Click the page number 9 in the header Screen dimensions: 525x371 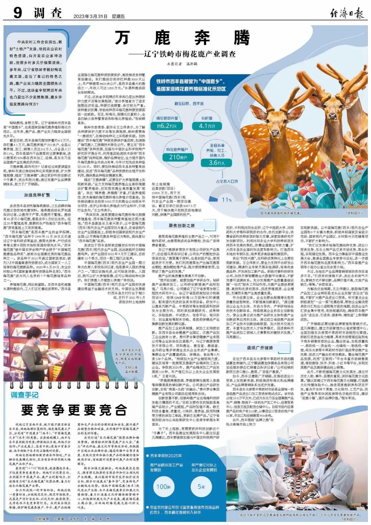[18, 13]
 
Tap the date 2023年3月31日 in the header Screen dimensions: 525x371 [90, 16]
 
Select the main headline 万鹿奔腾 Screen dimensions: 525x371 [182, 38]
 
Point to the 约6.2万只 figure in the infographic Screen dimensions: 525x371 [167, 126]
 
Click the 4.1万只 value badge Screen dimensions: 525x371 [207, 126]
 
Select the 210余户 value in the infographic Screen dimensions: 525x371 [178, 157]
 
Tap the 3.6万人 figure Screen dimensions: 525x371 [217, 163]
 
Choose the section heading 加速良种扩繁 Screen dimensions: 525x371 [37, 195]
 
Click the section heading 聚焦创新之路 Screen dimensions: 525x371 [181, 225]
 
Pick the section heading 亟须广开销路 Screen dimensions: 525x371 [260, 348]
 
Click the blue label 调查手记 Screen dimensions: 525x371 [24, 395]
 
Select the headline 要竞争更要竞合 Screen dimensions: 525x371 [74, 410]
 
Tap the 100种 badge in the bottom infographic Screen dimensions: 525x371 [164, 487]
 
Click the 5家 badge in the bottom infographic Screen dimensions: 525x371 [201, 487]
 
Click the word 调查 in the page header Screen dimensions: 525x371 [48, 13]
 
